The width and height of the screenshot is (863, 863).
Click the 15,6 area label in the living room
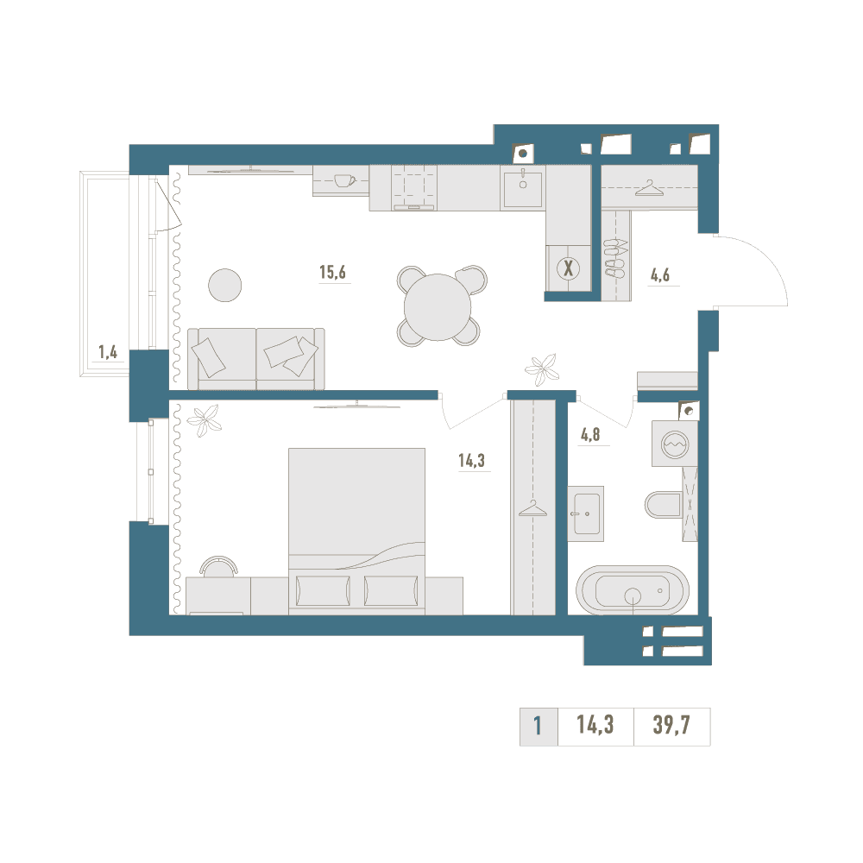332,272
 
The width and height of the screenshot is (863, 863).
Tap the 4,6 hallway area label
660,274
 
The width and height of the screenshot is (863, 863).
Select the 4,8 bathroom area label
590,435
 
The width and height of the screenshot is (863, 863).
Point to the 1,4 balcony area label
108,352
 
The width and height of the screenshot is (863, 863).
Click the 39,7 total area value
671,725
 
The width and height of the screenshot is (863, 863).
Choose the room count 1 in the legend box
538,726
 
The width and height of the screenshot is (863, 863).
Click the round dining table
438,306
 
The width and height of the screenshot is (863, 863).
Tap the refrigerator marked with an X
569,268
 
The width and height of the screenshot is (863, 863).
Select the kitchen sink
523,187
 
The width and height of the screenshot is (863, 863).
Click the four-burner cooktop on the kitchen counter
414,187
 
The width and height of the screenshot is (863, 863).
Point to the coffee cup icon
345,180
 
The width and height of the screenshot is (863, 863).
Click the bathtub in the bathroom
633,590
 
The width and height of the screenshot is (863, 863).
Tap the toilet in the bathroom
663,504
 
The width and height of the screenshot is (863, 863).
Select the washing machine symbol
675,444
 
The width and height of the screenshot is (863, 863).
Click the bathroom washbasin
586,513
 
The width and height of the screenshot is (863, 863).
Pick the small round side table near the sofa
225,285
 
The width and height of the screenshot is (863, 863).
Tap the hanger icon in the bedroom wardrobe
532,508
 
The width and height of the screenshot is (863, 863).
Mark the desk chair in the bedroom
219,566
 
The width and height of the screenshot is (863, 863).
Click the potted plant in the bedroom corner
205,420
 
